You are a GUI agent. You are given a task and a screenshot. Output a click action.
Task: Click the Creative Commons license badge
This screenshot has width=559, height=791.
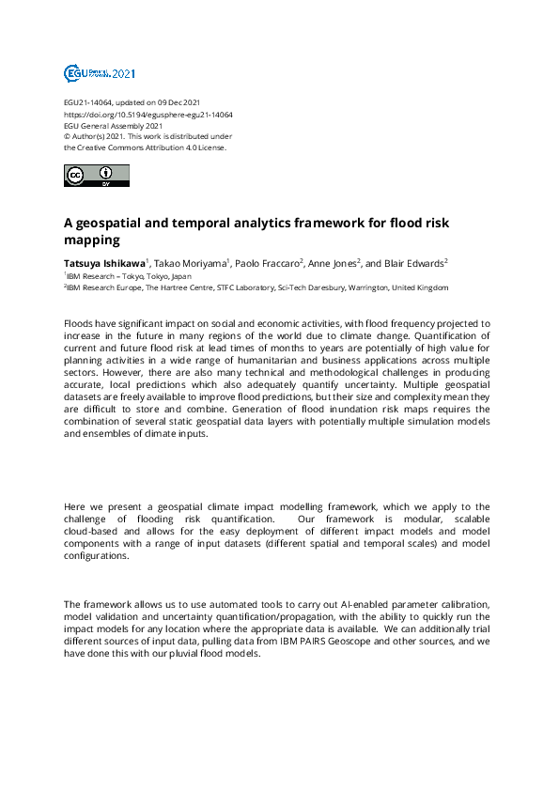pos(96,175)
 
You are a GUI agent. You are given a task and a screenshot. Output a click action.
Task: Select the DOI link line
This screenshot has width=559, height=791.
pos(148,114)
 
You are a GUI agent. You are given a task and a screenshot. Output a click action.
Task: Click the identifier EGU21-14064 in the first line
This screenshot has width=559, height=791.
pos(88,102)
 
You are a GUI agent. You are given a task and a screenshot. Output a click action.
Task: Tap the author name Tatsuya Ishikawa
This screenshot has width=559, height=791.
pos(103,263)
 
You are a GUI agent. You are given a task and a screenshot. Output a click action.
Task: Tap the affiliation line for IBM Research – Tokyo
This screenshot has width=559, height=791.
pos(129,277)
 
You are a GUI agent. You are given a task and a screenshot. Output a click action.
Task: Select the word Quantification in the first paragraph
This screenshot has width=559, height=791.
pos(432,333)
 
